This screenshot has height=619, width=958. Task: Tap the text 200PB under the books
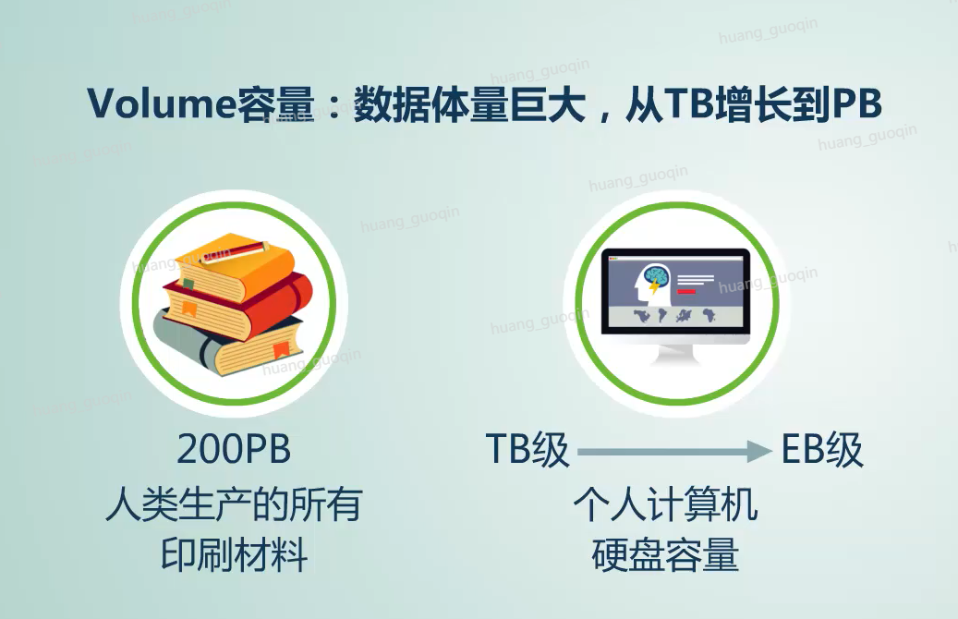tap(234, 449)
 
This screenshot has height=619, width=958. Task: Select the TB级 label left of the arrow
tap(528, 450)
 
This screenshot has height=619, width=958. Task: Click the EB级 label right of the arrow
tap(822, 450)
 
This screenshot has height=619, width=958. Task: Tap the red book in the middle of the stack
tap(238, 306)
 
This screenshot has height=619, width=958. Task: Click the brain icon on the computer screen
tap(654, 279)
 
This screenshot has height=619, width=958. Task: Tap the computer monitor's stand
tap(675, 354)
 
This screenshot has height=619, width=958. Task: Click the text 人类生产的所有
tap(234, 504)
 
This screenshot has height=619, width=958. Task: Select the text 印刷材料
tap(234, 555)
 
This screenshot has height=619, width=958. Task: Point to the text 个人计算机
tap(665, 504)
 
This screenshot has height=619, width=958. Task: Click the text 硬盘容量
tap(665, 555)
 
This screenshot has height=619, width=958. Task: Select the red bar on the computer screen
tap(686, 291)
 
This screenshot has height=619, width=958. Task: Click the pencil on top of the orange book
tap(236, 249)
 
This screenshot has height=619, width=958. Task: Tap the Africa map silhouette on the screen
tap(709, 315)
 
